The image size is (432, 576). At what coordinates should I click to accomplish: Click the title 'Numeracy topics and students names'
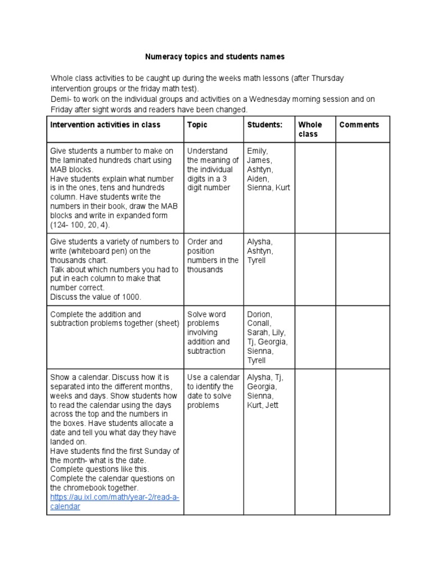coord(215,57)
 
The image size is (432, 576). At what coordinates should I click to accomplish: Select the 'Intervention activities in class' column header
coord(105,125)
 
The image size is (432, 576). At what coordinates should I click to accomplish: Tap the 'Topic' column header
coord(197,125)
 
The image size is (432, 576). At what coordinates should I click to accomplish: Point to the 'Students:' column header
coord(264,125)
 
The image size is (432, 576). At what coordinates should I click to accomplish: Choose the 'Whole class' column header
coord(310,129)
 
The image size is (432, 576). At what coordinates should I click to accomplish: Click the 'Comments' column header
coord(359,125)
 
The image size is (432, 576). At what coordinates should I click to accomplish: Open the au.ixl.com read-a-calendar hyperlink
coord(115,502)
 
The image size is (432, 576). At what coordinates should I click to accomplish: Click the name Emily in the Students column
coord(258,151)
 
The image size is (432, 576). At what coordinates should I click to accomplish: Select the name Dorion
coord(259,314)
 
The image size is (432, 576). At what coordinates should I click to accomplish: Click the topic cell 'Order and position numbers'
coord(213,255)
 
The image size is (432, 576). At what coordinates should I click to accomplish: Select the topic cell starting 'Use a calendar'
coord(213,391)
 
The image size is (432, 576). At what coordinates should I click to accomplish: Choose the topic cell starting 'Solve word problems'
coord(208,332)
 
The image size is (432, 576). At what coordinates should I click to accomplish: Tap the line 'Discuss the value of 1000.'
coord(95,296)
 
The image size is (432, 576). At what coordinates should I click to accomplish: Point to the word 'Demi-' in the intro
coord(61,99)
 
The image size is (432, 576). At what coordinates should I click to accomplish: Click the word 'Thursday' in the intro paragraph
coord(327,78)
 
